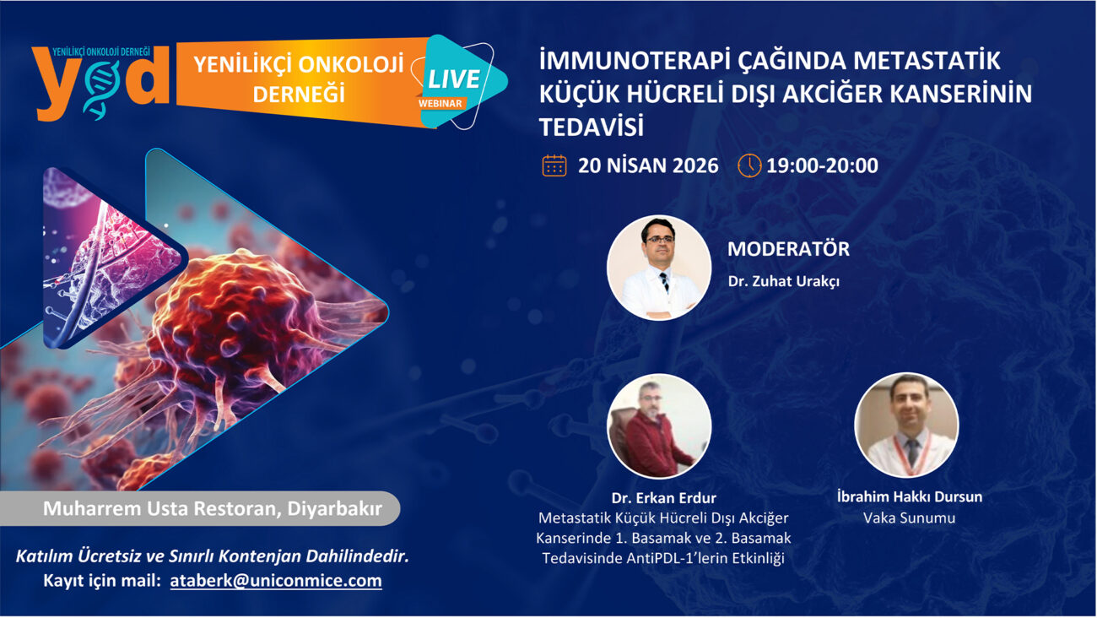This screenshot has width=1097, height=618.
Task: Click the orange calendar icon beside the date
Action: (554, 165)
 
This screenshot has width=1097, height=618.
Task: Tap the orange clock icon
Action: (749, 165)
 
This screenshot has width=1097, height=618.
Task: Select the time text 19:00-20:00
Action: (822, 165)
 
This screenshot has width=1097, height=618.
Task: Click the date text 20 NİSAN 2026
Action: (648, 165)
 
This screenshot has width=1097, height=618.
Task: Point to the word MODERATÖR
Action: (788, 248)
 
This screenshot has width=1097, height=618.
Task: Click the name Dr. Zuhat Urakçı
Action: (784, 281)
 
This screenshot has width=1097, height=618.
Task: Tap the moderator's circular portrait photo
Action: (659, 268)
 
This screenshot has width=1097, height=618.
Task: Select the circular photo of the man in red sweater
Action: (659, 426)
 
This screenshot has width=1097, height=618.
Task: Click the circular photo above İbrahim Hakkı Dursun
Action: (906, 425)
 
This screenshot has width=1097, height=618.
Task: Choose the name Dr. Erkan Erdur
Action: (663, 498)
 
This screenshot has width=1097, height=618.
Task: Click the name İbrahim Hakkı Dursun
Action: (910, 496)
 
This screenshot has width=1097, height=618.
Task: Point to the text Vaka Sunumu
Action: (909, 518)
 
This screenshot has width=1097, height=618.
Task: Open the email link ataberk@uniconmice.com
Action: (276, 580)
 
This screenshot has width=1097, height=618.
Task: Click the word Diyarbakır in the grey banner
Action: (334, 509)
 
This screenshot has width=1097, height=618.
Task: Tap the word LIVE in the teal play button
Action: (454, 79)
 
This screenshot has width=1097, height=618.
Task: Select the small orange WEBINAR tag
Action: (440, 103)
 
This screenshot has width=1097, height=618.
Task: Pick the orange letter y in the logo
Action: (55, 84)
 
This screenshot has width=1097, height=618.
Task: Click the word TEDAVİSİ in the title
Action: (591, 127)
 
